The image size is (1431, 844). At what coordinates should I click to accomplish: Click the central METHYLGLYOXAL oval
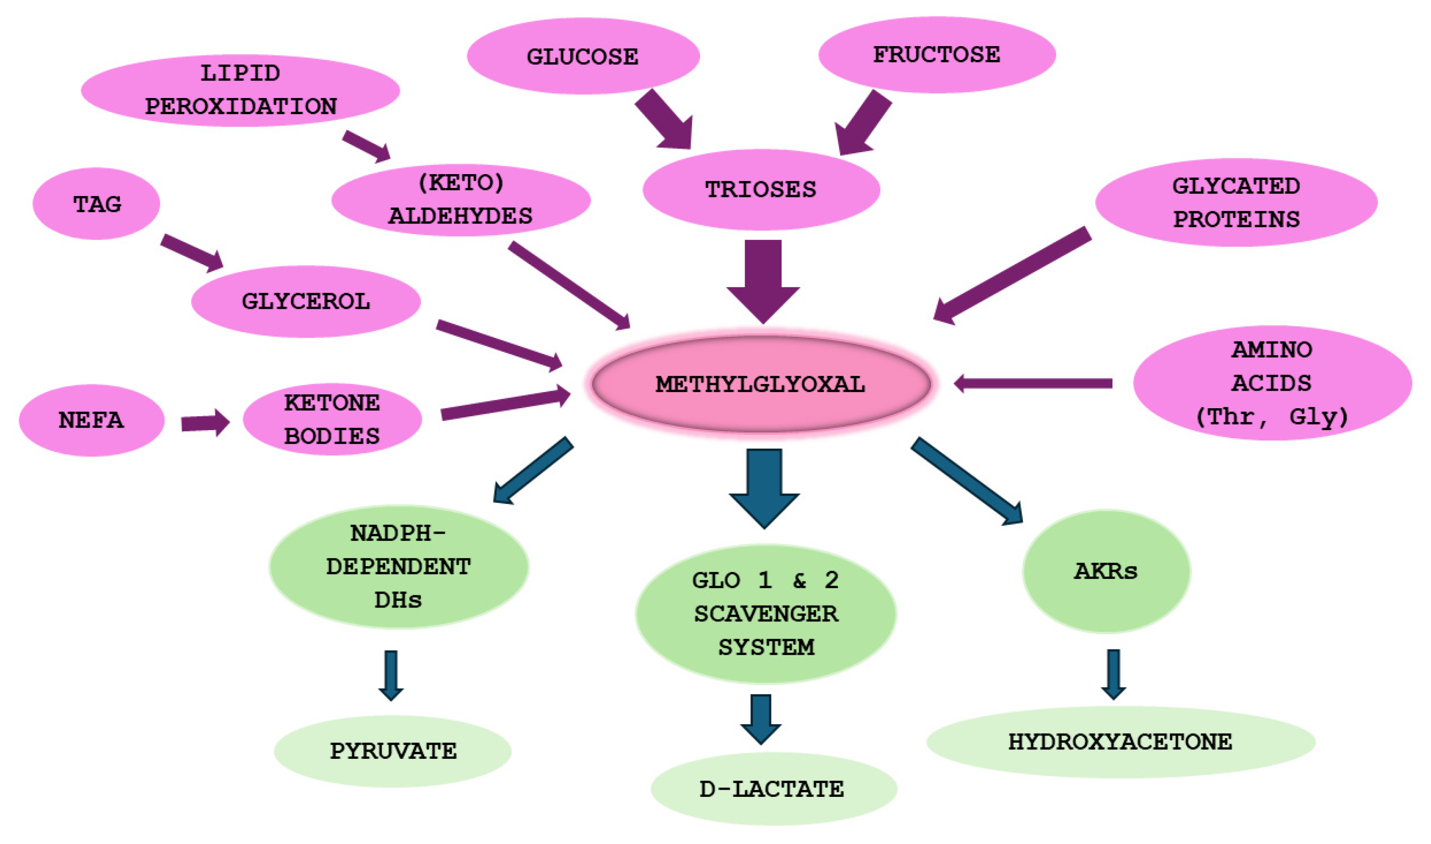click(x=761, y=384)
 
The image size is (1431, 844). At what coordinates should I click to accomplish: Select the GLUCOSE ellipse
click(x=583, y=56)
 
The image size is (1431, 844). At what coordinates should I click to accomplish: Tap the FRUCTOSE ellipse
click(x=936, y=54)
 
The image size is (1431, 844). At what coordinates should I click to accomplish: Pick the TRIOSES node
click(x=761, y=189)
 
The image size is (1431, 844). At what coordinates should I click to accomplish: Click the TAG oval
click(x=96, y=204)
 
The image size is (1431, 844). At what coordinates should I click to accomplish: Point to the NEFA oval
click(x=91, y=420)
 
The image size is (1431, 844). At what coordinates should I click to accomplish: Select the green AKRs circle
click(x=1105, y=570)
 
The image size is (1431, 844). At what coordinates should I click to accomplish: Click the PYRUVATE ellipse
click(x=392, y=751)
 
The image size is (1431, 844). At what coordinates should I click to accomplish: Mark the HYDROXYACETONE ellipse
click(x=1120, y=742)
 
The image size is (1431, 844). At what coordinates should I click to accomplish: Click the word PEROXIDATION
click(x=241, y=107)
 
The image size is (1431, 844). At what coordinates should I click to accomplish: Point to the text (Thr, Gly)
click(x=1272, y=416)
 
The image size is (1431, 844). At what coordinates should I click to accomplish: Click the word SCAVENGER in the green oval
click(x=766, y=614)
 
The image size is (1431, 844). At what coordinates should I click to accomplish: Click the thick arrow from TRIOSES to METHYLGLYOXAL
click(x=763, y=279)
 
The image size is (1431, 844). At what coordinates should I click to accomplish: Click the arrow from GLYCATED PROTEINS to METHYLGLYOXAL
click(x=1012, y=275)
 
